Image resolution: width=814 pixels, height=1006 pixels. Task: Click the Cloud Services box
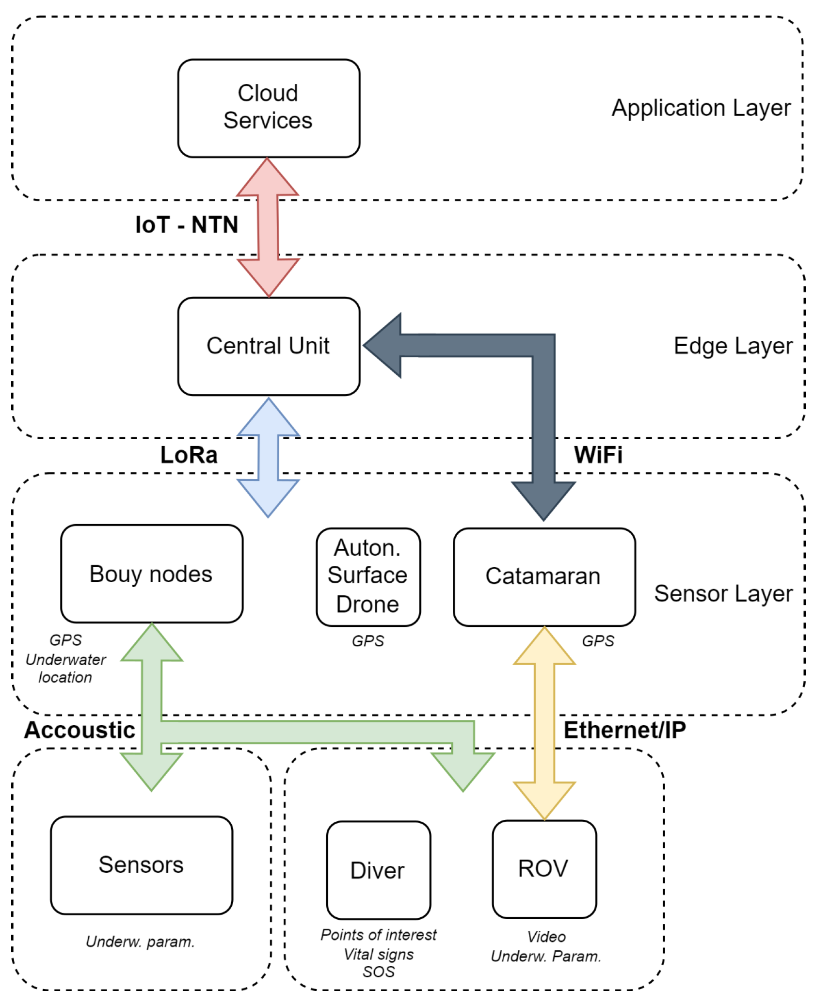coord(269,108)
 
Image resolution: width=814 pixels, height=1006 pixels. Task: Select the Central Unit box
coord(269,346)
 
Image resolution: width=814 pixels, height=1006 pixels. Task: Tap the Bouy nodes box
coord(151,574)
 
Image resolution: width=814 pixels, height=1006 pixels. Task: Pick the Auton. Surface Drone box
coord(368,576)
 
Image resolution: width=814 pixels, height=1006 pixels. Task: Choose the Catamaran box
coord(544,576)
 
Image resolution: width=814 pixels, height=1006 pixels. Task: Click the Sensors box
coord(141,865)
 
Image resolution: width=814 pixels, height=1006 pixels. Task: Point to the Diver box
coord(378,870)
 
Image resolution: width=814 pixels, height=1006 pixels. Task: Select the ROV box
coord(544,869)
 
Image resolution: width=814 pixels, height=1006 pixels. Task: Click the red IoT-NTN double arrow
coord(268,227)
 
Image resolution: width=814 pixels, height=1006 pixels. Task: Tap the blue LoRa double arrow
coord(268,457)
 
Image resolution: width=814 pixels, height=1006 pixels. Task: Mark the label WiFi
coord(598,455)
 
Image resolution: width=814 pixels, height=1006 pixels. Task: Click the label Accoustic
coord(80,730)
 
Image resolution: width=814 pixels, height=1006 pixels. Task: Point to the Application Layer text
coord(701,108)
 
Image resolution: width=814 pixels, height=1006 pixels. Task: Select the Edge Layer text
coord(733,346)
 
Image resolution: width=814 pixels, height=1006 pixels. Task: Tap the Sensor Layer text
coord(723,593)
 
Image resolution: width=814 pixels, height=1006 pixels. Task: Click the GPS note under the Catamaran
coord(597,641)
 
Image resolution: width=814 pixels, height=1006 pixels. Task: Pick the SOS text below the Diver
coord(378,972)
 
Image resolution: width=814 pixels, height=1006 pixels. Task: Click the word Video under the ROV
coord(546,937)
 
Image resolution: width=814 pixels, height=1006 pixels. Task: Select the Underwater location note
coord(65,668)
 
